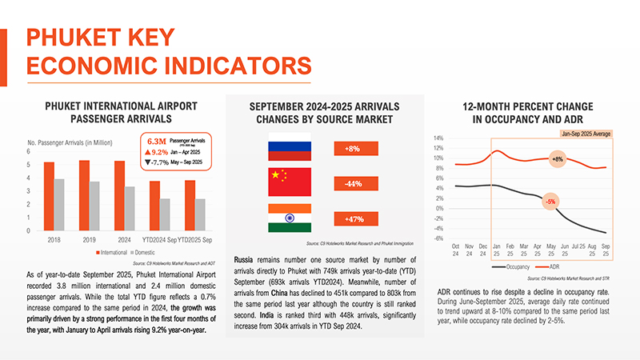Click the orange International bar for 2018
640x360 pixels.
(49, 196)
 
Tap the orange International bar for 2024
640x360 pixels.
(120, 195)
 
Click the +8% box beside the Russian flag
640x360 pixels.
(353, 150)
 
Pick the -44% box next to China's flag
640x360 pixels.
(353, 184)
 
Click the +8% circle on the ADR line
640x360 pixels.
(558, 159)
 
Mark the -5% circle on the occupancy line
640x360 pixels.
(550, 200)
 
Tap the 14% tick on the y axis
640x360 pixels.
(438, 138)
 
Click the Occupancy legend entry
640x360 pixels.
(513, 265)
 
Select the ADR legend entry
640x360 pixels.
(557, 265)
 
